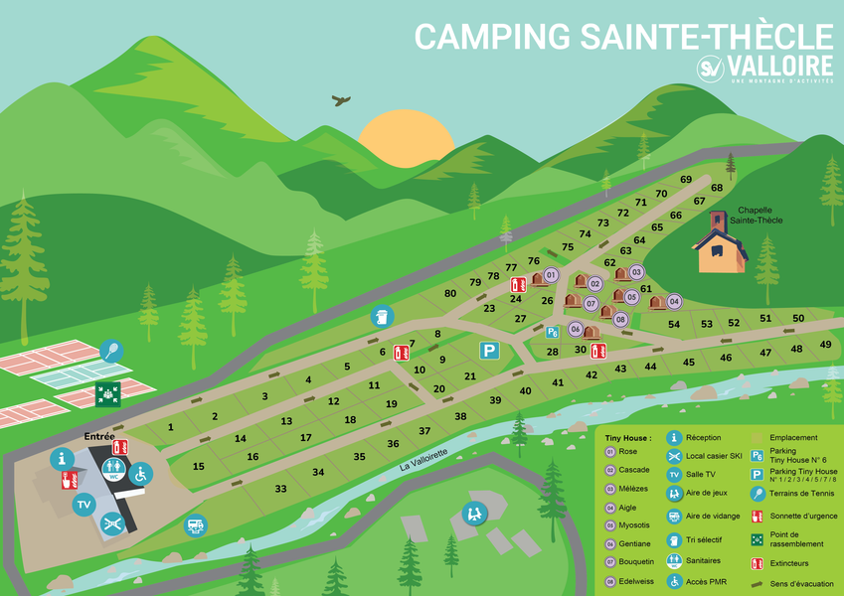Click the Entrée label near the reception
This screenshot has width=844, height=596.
click(99, 436)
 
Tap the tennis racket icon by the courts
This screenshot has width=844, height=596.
click(110, 351)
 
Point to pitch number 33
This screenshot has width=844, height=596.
click(281, 489)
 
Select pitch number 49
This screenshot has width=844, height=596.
click(825, 345)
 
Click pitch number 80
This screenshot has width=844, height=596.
click(450, 293)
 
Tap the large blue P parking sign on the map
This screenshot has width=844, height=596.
click(489, 350)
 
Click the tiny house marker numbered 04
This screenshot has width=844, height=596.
click(674, 301)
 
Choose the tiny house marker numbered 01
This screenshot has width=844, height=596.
click(551, 274)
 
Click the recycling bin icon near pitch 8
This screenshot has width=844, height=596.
click(383, 316)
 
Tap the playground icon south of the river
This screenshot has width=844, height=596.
click(473, 514)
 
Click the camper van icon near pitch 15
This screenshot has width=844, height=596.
click(196, 524)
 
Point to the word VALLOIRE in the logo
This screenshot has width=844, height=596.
click(780, 66)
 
